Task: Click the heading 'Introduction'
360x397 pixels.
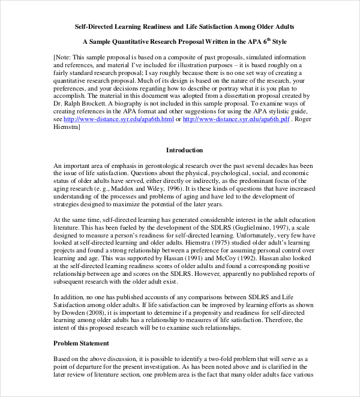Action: point(184,150)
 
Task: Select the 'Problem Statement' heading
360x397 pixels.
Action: point(82,343)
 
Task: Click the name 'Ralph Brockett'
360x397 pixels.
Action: point(83,103)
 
